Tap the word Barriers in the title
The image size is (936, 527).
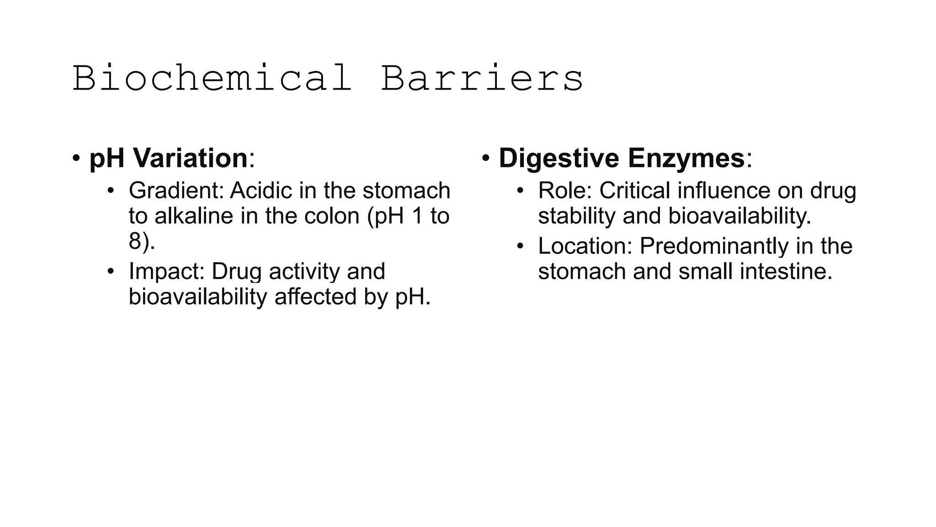point(482,79)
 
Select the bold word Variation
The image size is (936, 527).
point(190,158)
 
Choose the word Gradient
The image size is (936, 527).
point(176,191)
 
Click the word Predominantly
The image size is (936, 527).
point(713,246)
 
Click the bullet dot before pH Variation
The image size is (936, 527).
point(76,159)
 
